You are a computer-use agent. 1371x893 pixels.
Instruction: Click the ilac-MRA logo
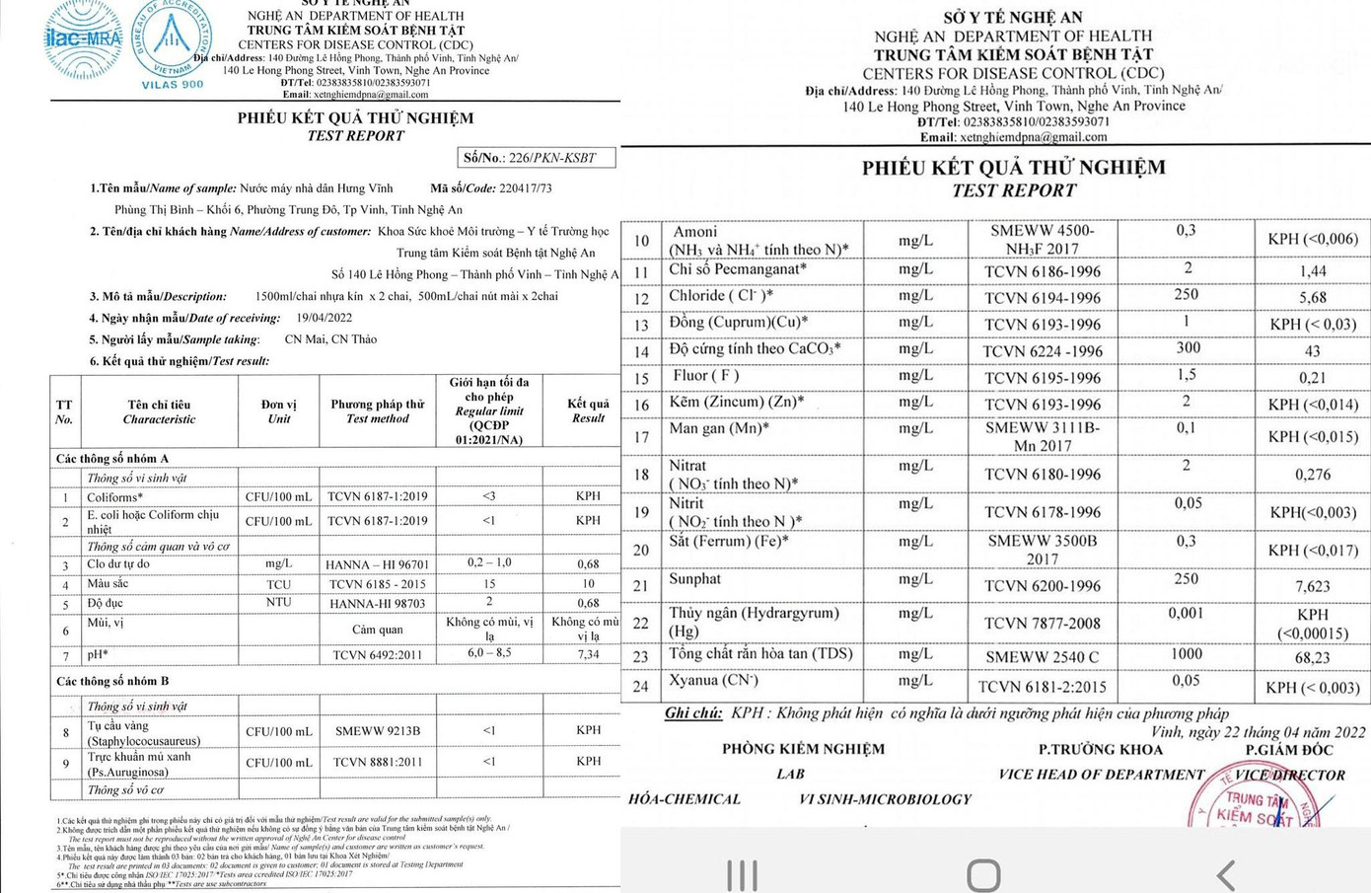pyautogui.click(x=83, y=39)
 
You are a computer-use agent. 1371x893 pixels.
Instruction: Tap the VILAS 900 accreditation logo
pyautogui.click(x=172, y=43)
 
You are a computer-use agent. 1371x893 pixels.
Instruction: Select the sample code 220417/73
pyautogui.click(x=525, y=187)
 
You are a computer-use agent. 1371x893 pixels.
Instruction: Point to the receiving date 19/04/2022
pyautogui.click(x=325, y=318)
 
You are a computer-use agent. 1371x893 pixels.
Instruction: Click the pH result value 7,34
pyautogui.click(x=588, y=654)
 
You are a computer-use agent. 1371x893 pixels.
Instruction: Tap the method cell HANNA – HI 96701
pyautogui.click(x=378, y=564)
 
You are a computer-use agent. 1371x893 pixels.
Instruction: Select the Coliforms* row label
pyautogui.click(x=114, y=497)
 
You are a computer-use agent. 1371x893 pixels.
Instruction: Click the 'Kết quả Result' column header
pyautogui.click(x=588, y=410)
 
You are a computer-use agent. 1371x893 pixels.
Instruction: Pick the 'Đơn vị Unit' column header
pyautogui.click(x=278, y=411)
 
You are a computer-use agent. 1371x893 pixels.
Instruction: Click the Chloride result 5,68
pyautogui.click(x=1313, y=297)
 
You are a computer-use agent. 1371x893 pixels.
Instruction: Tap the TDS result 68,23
pyautogui.click(x=1313, y=657)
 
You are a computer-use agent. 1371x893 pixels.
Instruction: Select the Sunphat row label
pyautogui.click(x=694, y=579)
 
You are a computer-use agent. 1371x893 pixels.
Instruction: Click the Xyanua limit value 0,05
pyautogui.click(x=1187, y=680)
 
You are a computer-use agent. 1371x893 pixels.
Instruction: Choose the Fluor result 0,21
pyautogui.click(x=1313, y=378)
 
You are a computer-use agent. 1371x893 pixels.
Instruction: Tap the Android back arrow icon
pyautogui.click(x=1226, y=874)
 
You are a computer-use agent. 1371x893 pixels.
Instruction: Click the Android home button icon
pyautogui.click(x=983, y=874)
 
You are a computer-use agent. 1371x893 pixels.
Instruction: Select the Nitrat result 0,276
pyautogui.click(x=1313, y=475)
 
